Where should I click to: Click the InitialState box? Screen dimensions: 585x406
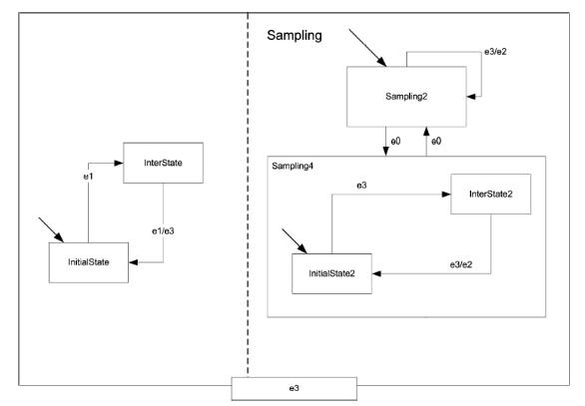pos(89,262)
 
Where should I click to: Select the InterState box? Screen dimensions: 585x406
pos(163,163)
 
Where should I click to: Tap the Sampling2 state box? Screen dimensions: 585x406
pos(406,97)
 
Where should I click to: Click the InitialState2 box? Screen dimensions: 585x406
pos(331,273)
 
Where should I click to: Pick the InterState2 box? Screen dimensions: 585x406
pos(490,194)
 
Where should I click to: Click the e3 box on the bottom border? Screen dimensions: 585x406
pos(293,388)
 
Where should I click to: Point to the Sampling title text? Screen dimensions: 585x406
pos(294,36)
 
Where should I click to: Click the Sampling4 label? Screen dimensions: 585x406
pos(292,166)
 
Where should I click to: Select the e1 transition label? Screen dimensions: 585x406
pos(88,177)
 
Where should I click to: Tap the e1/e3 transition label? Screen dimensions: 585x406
pos(163,231)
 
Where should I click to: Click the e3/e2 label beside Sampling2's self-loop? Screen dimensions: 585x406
pos(495,52)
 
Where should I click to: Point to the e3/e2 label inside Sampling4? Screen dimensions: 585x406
pos(461,264)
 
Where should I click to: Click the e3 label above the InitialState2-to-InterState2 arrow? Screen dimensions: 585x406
pos(361,186)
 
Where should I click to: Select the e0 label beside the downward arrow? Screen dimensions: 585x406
pos(395,142)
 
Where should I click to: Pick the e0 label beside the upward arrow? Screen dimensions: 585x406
pos(436,142)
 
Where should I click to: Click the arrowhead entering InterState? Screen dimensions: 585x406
pos(119,163)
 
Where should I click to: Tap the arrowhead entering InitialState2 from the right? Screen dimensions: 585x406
pos(376,273)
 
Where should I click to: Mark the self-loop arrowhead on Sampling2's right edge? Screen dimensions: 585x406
pos(471,97)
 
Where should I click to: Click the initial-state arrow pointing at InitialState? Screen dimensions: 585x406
pos(51,230)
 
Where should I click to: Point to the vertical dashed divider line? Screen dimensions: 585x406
pos(248,195)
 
